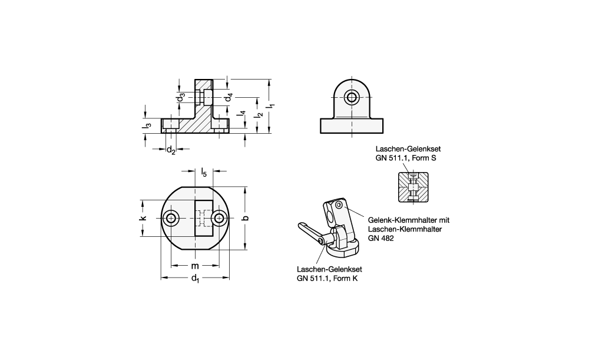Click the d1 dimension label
click(196, 279)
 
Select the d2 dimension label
click(171, 150)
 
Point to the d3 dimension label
click(181, 97)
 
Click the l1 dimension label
click(272, 106)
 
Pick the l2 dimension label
click(259, 115)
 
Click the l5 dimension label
click(204, 173)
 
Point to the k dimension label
click(143, 219)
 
